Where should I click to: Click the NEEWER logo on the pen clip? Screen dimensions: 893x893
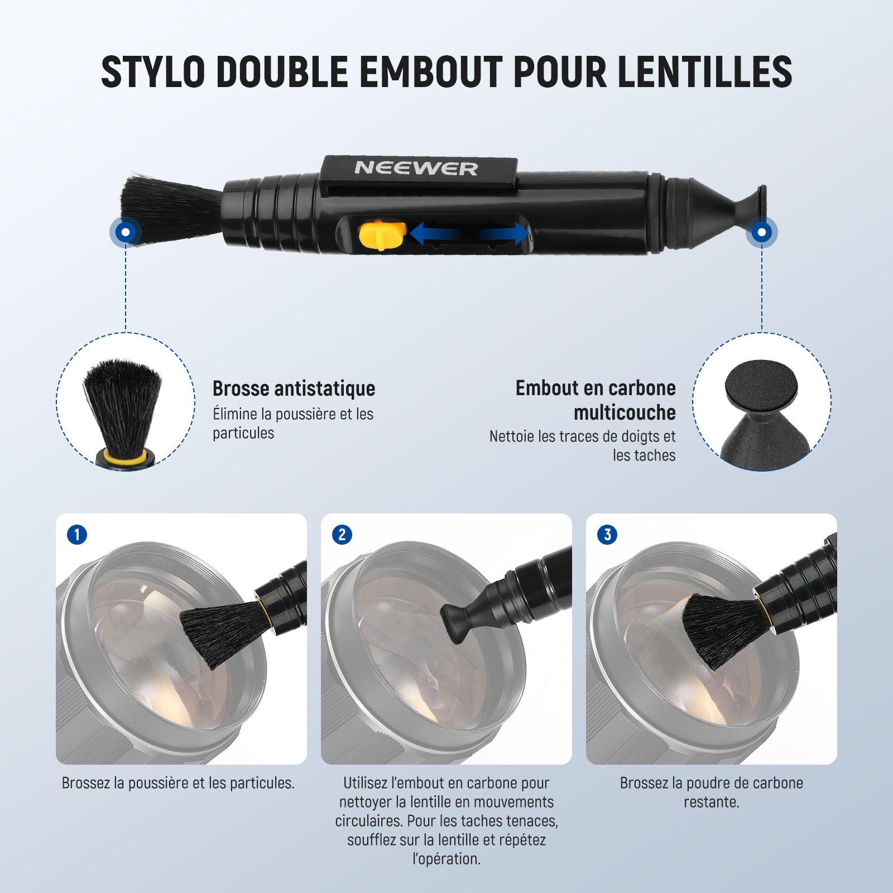tap(416, 168)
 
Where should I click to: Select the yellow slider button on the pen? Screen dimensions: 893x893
tap(382, 235)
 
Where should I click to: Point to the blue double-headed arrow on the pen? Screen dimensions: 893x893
tap(469, 234)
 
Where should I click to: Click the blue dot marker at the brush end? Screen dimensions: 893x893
tap(126, 232)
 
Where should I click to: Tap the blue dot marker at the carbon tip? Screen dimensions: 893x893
tap(762, 232)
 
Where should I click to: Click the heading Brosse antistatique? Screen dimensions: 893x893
tap(294, 388)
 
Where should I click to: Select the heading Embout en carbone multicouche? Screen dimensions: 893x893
tap(596, 400)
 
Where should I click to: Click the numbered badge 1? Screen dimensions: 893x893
tap(77, 535)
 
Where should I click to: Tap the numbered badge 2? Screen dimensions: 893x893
tap(342, 535)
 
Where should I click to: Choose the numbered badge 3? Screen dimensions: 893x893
tap(607, 535)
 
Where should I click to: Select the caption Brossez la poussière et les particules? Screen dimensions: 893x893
tap(178, 783)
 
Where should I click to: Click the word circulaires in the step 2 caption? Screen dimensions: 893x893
tap(369, 821)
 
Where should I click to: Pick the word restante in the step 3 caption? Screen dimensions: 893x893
tap(712, 802)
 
